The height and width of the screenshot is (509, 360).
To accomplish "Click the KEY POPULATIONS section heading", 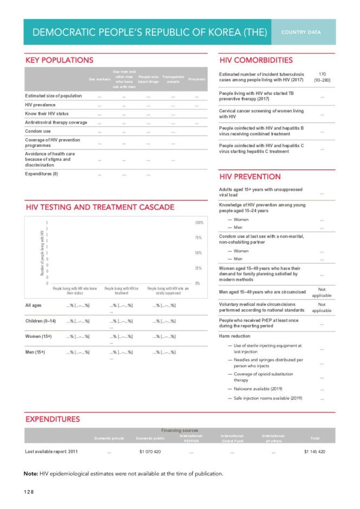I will pos(60,60).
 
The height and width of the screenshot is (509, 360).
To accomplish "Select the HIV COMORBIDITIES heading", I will pos(256,60).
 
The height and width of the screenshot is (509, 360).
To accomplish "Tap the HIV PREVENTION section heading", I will pos(250,177).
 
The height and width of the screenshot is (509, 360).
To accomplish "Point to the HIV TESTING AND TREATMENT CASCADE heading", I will pos(100,207).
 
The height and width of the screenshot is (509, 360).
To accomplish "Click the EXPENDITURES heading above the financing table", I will pos(53,419).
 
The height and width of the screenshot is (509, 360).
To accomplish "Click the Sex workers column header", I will pos(100,79).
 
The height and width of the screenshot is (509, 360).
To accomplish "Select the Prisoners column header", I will pos(197,79).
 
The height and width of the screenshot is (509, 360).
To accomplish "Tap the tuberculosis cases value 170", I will pos(322,74).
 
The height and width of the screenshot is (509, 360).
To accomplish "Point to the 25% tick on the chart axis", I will pos(198,268).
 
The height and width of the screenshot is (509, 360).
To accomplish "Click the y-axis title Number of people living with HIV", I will pos(42,252).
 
